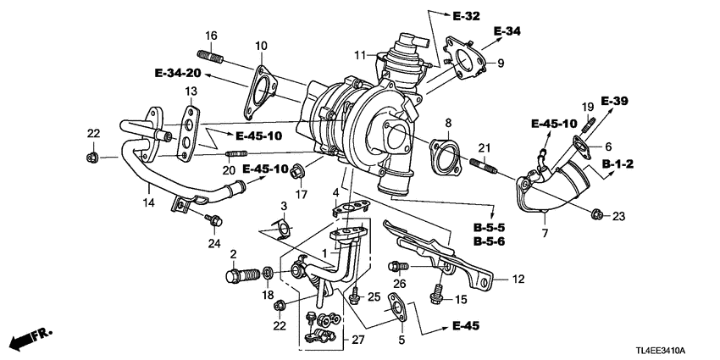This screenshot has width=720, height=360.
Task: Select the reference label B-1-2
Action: point(619,163)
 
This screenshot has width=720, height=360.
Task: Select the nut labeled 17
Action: point(297,175)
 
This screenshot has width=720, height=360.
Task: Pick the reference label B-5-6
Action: point(489,241)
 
